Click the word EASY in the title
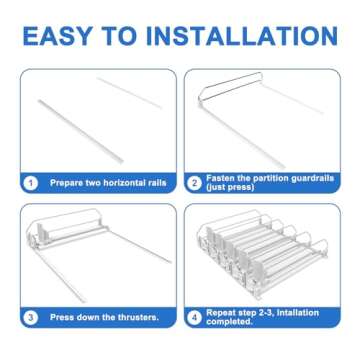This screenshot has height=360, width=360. pyautogui.click(x=57, y=36)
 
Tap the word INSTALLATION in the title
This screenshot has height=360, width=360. pyautogui.click(x=242, y=36)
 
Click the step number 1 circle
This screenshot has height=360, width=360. pyautogui.click(x=31, y=183)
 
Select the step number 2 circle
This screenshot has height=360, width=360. pyautogui.click(x=194, y=183)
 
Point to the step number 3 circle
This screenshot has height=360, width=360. pyautogui.click(x=31, y=317)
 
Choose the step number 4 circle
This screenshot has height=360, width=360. pyautogui.click(x=194, y=317)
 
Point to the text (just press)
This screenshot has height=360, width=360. pyautogui.click(x=230, y=188)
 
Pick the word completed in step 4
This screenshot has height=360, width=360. pyautogui.click(x=229, y=322)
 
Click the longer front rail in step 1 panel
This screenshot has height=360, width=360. pyautogui.click(x=81, y=131)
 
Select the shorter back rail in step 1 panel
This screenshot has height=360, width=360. pyautogui.click(x=129, y=93)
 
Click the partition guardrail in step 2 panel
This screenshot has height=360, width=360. pyautogui.click(x=230, y=86)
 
